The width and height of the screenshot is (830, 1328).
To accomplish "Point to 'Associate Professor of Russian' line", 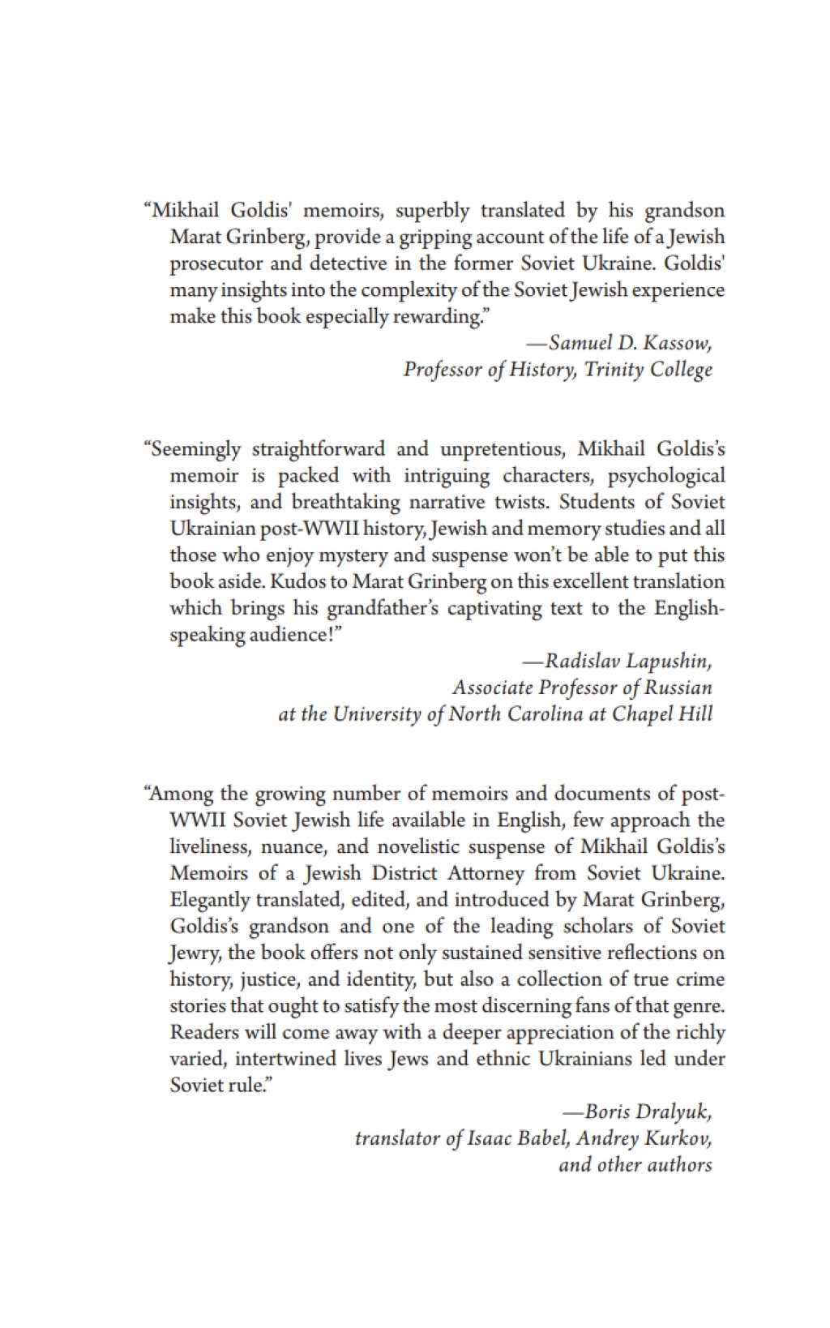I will point(582,688).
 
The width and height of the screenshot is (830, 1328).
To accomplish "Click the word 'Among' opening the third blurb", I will point(178,793).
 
